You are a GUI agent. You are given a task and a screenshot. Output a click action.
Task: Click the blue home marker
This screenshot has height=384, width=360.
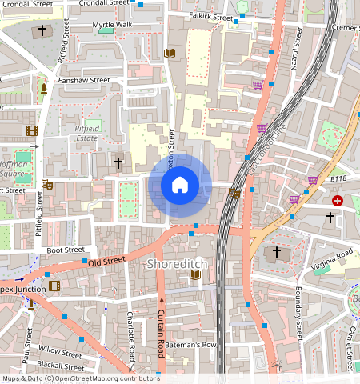point(180,185)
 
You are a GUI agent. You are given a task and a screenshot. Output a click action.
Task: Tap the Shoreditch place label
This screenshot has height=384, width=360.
point(177,263)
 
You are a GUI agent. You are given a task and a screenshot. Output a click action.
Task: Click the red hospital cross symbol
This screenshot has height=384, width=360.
point(338,201)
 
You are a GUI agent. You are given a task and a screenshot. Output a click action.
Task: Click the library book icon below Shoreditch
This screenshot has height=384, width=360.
point(194,275)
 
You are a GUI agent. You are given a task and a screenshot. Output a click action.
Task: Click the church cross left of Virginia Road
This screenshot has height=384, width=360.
point(277,252)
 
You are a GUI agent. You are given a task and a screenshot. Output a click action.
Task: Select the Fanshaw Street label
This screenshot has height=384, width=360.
point(83,80)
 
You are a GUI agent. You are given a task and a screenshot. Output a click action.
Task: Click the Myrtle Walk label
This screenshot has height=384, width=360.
point(112,25)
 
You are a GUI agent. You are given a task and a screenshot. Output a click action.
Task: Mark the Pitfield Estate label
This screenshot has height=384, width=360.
point(81,133)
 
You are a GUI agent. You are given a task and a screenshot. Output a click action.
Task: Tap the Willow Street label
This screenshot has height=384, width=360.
point(59,353)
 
